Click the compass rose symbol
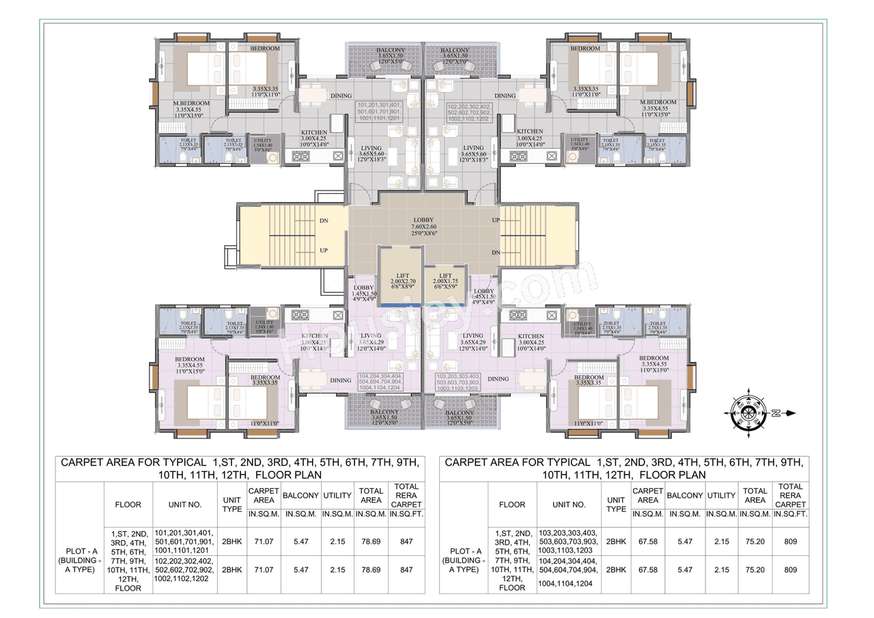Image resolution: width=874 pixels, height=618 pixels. point(750,413)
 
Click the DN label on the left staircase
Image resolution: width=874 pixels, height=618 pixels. point(324,222)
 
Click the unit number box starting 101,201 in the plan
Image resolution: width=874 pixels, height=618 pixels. point(379,112)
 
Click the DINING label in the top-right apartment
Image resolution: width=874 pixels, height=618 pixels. point(505,96)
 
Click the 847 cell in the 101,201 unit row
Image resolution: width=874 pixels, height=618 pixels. point(406,540)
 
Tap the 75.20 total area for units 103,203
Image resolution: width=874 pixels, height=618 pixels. point(755,540)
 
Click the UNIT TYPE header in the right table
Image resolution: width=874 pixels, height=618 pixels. point(616,505)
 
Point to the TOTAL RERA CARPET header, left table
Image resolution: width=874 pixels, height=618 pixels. point(406,495)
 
